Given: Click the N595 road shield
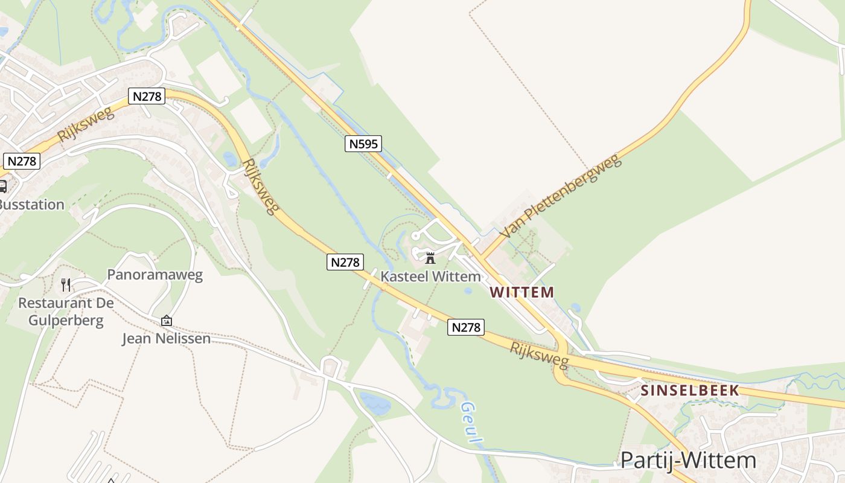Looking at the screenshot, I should [x=363, y=144].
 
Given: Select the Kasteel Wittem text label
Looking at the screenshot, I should [x=431, y=277].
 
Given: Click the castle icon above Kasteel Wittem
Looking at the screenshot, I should [x=430, y=258].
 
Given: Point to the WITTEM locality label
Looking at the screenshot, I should [x=521, y=292].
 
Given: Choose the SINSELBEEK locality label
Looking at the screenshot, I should [x=690, y=390].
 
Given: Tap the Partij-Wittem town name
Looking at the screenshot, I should [x=688, y=460].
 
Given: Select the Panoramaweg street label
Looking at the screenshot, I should [x=155, y=275].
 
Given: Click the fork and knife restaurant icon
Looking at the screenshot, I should [x=66, y=284].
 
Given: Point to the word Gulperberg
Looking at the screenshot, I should [x=66, y=320].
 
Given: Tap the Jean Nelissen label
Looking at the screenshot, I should [x=167, y=339].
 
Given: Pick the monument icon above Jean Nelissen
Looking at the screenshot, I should [x=167, y=321].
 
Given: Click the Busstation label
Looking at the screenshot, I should [x=31, y=204].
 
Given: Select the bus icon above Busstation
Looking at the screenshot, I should [x=2, y=186].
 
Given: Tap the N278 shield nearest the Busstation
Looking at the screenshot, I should [x=22, y=161].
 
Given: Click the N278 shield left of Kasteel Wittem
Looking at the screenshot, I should [x=345, y=262].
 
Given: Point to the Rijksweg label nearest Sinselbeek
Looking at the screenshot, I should [x=539, y=355].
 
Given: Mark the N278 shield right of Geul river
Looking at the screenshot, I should [x=466, y=327].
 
